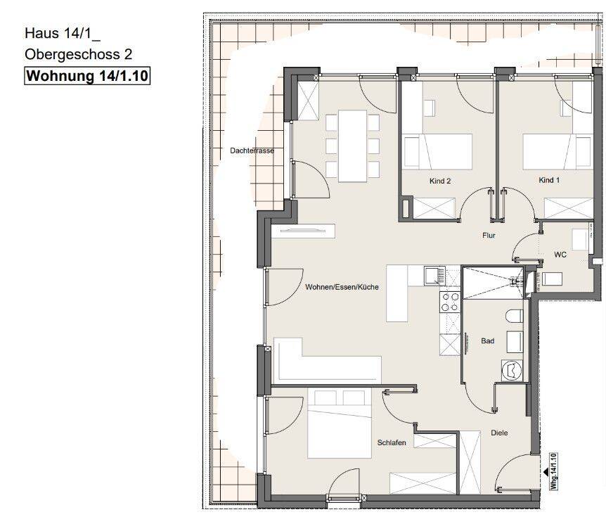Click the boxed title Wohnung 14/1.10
[x=87, y=76]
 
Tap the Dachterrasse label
[x=252, y=151]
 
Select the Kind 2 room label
[x=440, y=181]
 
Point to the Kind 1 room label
[x=549, y=180]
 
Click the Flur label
[x=489, y=235]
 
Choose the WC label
[x=560, y=255]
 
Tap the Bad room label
[x=487, y=340]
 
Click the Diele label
[x=499, y=433]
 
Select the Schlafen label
[x=392, y=442]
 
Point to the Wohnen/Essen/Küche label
[x=342, y=287]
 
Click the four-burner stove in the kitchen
[x=450, y=302]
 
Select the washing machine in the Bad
[x=512, y=370]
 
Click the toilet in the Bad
[x=514, y=316]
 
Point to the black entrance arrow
[x=546, y=472]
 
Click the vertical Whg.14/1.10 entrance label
[x=554, y=471]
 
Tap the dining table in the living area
[x=352, y=146]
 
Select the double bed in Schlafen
[x=340, y=423]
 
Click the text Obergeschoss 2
[x=79, y=55]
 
